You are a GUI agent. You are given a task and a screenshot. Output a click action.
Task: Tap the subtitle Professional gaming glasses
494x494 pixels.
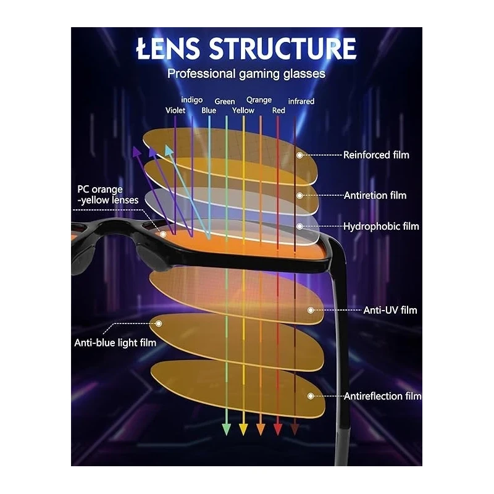[246, 74]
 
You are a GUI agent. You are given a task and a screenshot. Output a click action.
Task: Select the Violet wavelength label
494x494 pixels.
[175, 111]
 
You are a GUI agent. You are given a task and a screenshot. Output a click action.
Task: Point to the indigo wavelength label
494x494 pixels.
[191, 100]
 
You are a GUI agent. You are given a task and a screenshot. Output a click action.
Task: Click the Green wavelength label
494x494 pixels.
[225, 101]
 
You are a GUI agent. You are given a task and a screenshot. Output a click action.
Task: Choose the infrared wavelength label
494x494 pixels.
[301, 101]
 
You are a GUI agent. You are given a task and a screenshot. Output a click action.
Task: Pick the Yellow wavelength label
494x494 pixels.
[243, 111]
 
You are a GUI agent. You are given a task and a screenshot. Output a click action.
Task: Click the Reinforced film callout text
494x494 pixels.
[376, 155]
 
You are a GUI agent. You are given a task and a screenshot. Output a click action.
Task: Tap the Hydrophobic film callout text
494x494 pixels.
[381, 226]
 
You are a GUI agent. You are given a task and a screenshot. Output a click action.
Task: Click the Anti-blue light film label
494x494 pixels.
[115, 342]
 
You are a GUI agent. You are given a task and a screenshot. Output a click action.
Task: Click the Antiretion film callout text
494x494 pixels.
[375, 195]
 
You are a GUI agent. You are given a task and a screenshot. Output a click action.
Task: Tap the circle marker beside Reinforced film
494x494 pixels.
[301, 155]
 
